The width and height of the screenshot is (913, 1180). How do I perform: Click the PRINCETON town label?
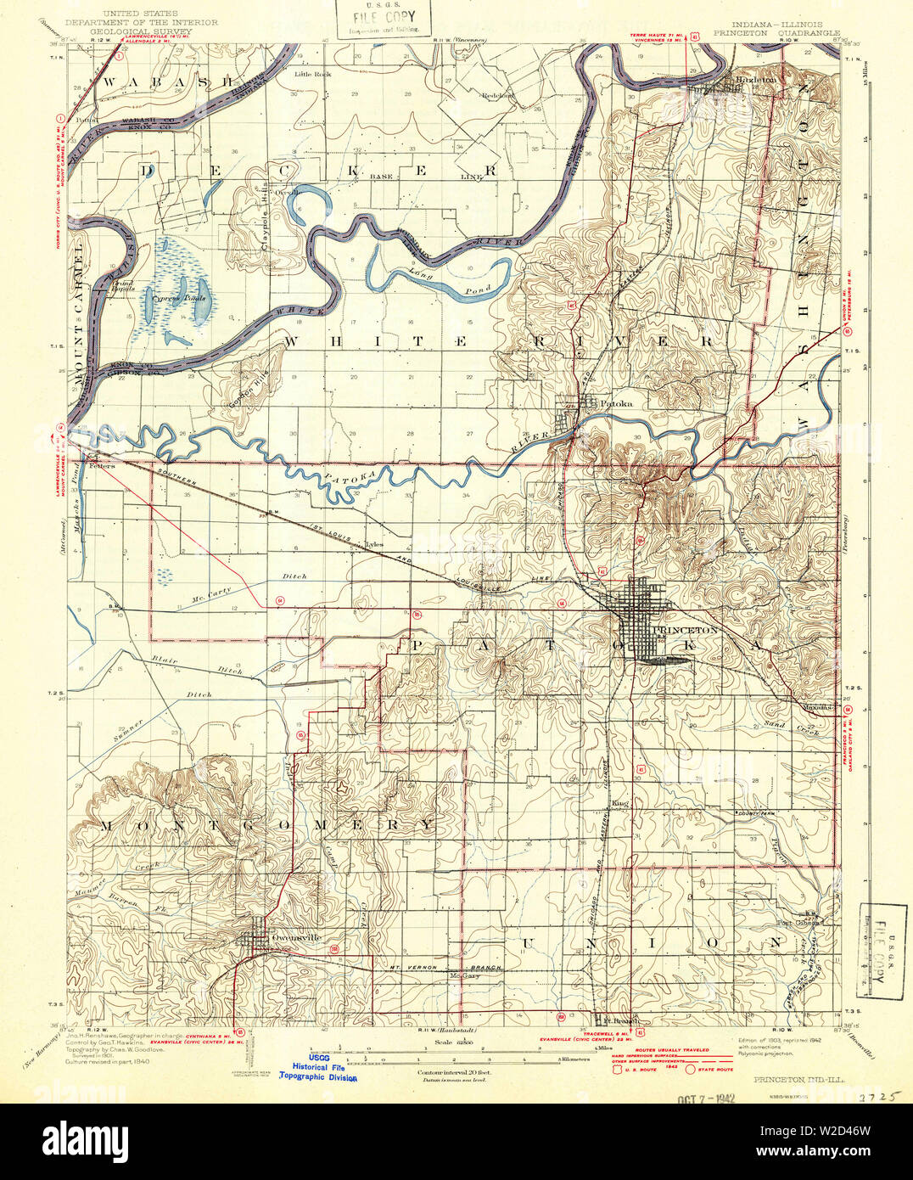(x=686, y=631)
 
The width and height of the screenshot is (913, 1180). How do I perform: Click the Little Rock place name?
(x=312, y=74)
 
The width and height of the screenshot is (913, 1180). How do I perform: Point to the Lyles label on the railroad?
(x=374, y=545)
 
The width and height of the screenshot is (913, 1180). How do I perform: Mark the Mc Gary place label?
(x=464, y=975)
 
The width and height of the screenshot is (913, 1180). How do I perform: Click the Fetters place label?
(x=102, y=466)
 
